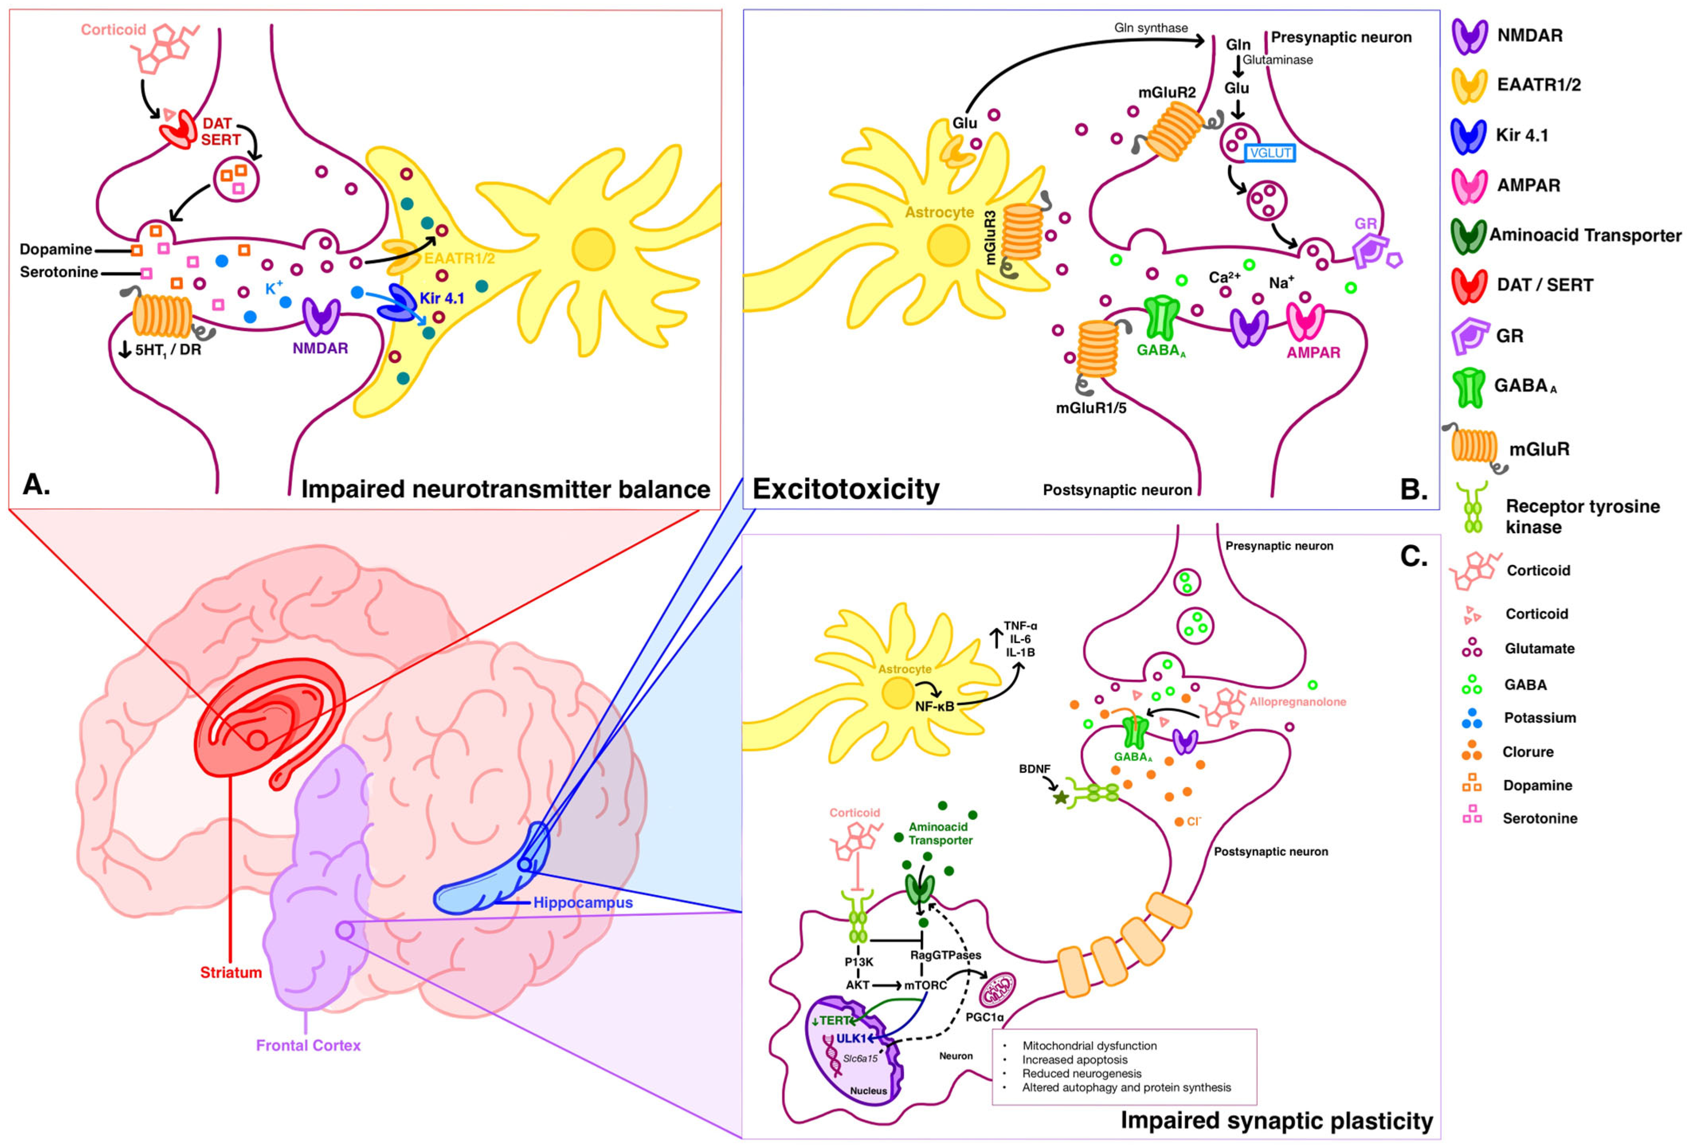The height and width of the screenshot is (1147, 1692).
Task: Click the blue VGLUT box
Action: click(x=1270, y=153)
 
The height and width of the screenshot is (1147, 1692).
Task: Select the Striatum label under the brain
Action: click(x=231, y=972)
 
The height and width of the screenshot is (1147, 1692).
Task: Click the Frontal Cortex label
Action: click(x=308, y=1045)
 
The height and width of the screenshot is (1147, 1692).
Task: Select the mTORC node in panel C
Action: click(x=925, y=985)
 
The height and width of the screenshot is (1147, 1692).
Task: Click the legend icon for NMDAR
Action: click(x=1470, y=36)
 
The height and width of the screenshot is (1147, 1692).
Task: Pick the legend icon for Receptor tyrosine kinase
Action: click(x=1473, y=510)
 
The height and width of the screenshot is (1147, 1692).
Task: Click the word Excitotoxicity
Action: click(x=845, y=489)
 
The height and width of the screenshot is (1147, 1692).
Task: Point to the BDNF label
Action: click(x=1035, y=769)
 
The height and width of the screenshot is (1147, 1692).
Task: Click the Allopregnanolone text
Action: click(x=1297, y=702)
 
